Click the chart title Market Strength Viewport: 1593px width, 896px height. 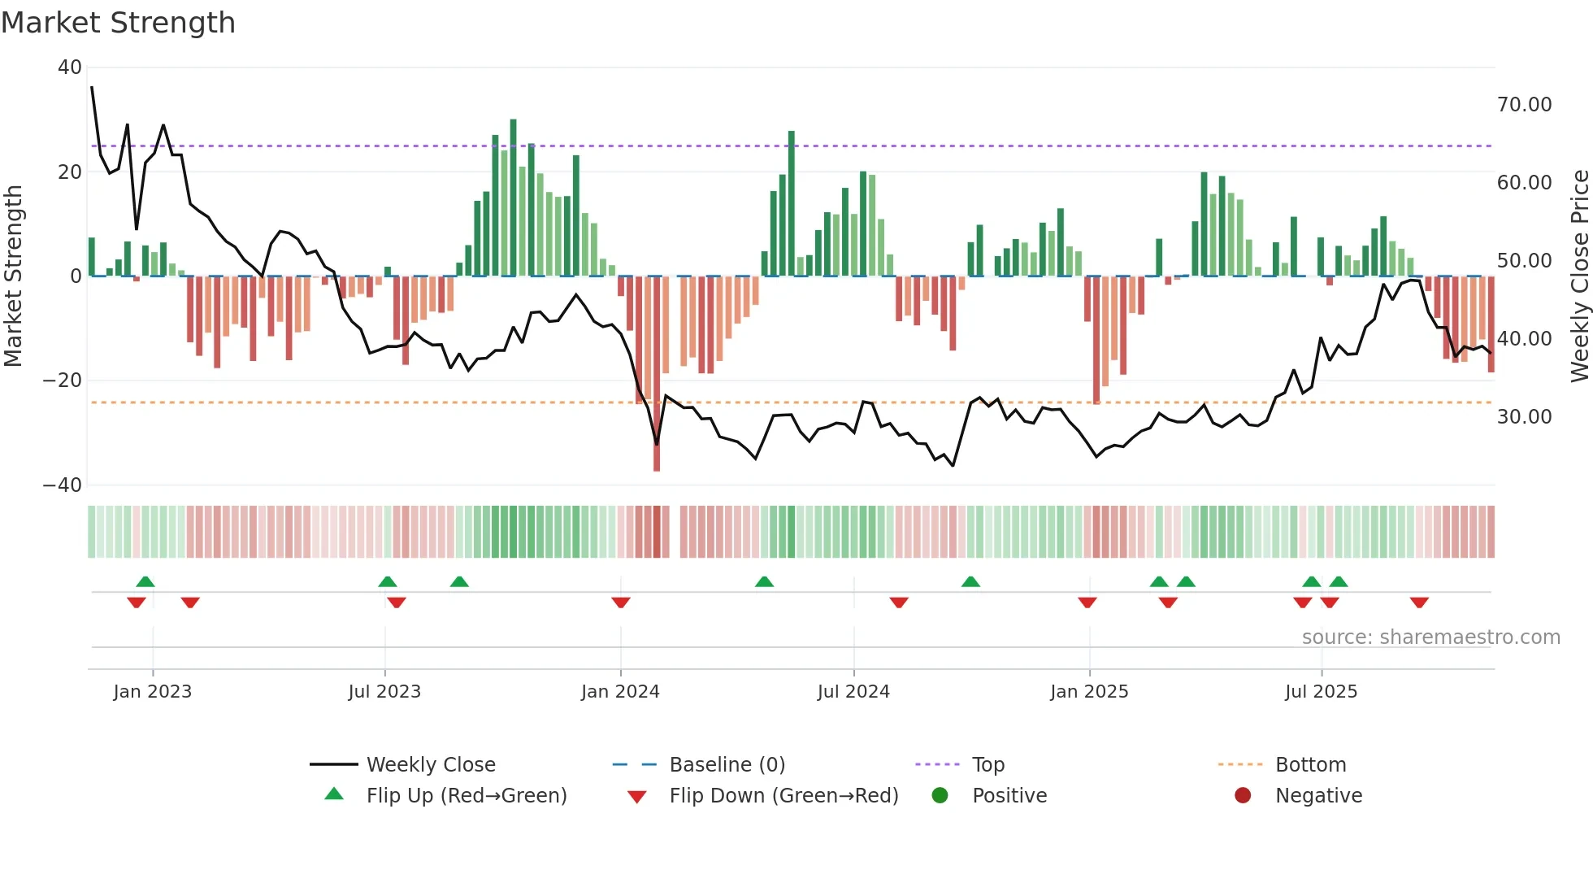coord(118,23)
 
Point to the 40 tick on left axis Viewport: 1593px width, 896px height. coord(70,67)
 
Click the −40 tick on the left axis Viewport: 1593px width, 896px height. coord(63,485)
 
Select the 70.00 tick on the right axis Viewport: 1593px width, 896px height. coord(1524,105)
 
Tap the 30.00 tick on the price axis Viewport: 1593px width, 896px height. coord(1524,417)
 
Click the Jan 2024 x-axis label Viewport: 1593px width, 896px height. coord(620,692)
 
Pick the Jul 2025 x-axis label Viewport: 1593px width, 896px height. coord(1321,692)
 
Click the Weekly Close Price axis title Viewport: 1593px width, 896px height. coord(1579,276)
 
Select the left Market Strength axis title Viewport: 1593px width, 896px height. coord(14,276)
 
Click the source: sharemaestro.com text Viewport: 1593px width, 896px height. coord(1430,637)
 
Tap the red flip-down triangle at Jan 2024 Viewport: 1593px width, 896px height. coord(621,602)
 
